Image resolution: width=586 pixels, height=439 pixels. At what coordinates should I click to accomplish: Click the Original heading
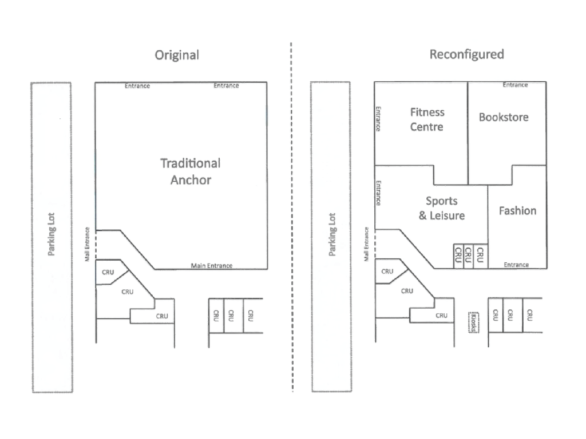tap(177, 55)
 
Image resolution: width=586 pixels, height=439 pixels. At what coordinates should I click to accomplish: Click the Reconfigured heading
tap(466, 54)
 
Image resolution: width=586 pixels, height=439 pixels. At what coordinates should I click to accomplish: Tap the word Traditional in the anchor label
tap(190, 163)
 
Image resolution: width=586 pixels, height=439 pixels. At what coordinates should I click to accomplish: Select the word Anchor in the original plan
tap(191, 180)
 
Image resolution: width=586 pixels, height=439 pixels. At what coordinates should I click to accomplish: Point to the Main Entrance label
tap(212, 265)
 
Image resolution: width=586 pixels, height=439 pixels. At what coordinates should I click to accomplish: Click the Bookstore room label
tap(504, 117)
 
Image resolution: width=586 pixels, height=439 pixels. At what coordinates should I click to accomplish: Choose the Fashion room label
tap(517, 211)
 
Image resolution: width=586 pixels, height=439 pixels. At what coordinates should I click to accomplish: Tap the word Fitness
tap(427, 113)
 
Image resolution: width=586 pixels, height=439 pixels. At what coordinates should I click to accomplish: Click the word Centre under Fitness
tap(426, 127)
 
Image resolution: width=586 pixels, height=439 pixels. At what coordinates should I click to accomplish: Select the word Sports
tap(441, 201)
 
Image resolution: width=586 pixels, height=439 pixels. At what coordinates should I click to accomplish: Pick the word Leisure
tap(447, 215)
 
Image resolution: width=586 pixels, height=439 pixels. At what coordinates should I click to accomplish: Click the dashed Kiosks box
tap(473, 322)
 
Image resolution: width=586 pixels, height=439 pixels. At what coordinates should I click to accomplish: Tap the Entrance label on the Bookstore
tap(515, 85)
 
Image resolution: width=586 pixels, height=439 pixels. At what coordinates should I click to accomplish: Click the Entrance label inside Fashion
tap(516, 265)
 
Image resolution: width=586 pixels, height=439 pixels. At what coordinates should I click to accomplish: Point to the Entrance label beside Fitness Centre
tap(378, 119)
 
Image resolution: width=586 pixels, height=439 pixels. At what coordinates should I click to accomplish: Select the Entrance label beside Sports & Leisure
tap(378, 193)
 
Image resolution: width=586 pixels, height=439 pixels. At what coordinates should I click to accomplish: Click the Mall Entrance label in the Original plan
tap(87, 244)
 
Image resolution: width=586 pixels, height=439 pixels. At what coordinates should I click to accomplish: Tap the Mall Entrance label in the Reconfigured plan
tap(366, 244)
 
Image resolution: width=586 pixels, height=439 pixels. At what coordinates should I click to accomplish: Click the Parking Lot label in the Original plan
tap(51, 234)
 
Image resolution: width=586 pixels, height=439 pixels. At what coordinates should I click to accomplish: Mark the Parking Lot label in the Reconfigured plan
tap(332, 234)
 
